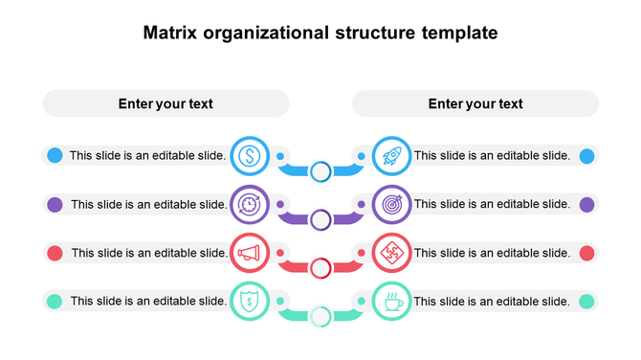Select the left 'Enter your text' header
[166, 103]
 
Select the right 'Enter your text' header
[475, 103]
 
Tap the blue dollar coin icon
[250, 154]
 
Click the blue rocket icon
[391, 154]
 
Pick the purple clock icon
[250, 204]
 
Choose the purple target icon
[391, 204]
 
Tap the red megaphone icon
[250, 253]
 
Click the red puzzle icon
[391, 253]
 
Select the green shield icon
[250, 302]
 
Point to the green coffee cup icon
[391, 302]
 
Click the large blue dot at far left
[55, 155]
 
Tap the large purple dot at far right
[586, 204]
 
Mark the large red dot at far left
[55, 253]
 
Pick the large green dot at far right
[586, 302]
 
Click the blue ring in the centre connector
[320, 171]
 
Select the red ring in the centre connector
[320, 267]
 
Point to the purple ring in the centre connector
[320, 219]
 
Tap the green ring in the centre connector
[320, 316]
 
